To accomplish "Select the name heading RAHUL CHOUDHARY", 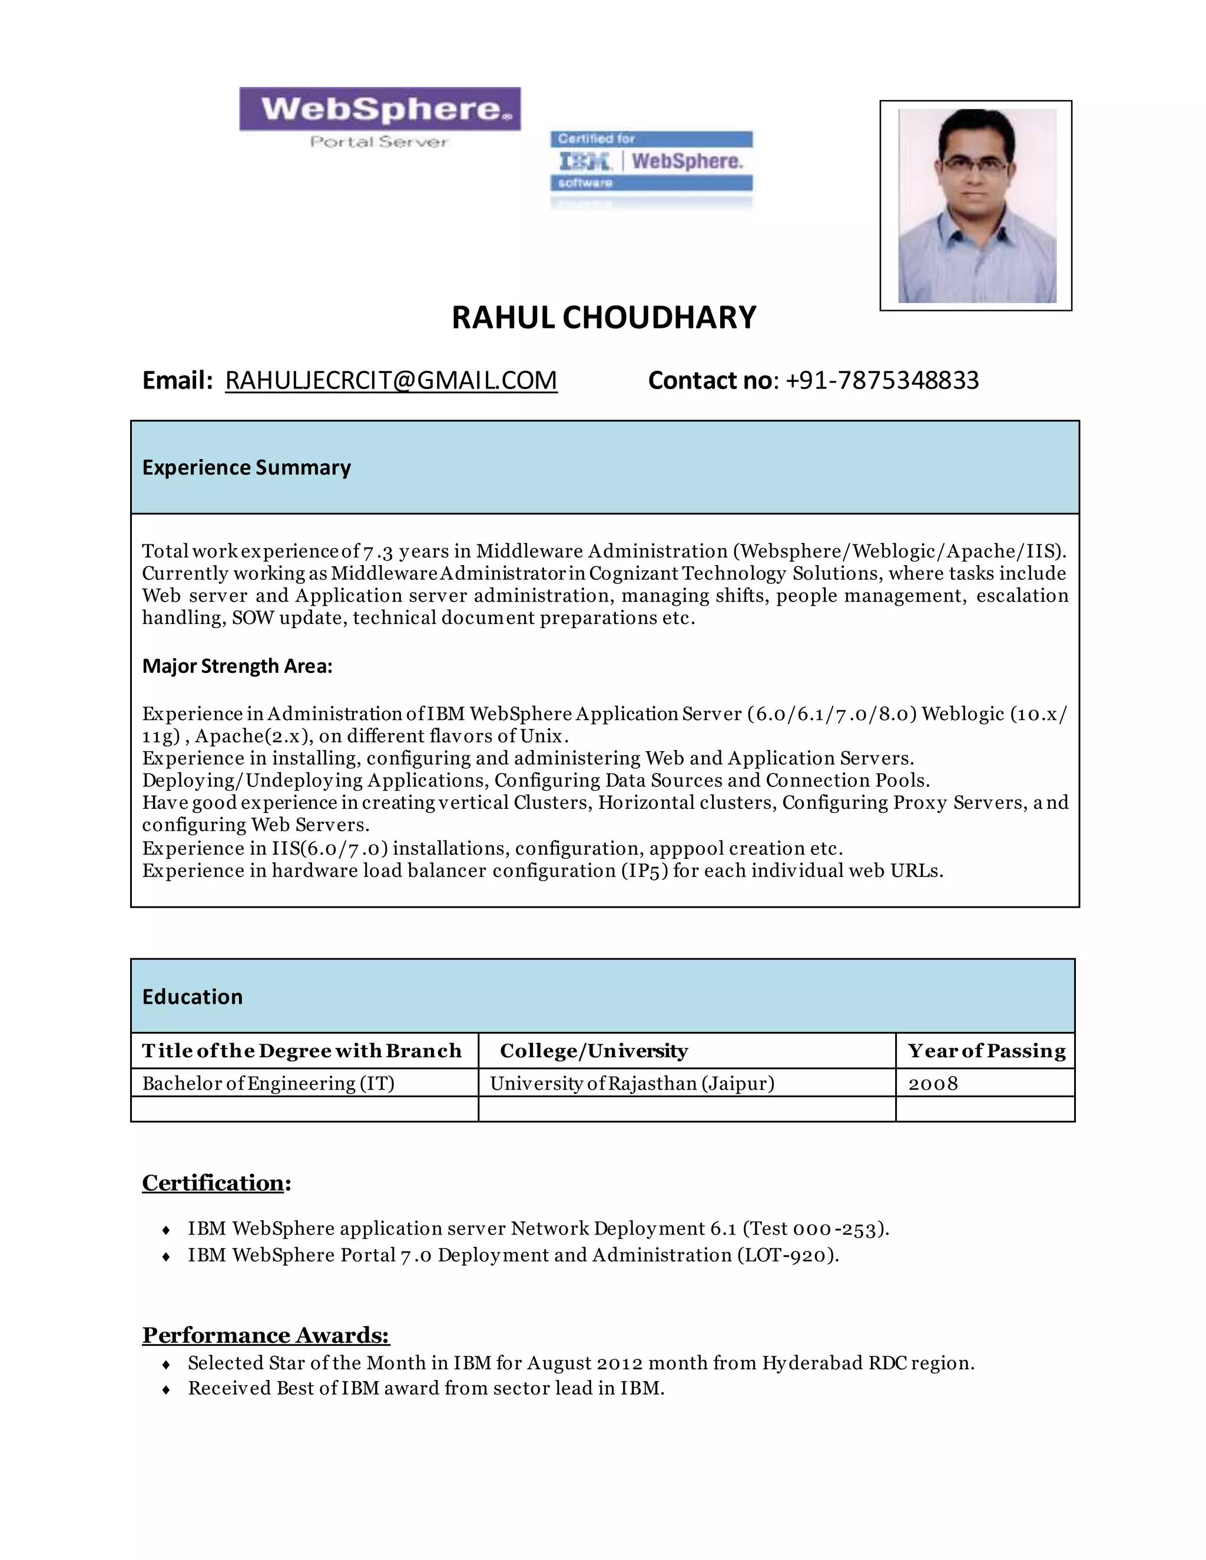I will pos(604,318).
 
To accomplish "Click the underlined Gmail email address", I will pos(391,381).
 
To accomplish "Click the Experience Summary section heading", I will pos(247,467).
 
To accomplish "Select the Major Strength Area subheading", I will pos(237,666).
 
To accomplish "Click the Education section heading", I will pos(192,997).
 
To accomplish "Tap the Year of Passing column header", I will pos(986,1051).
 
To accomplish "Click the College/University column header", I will pos(594,1051).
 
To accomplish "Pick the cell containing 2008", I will pos(933,1084).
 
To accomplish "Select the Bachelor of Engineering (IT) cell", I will pos(268,1084).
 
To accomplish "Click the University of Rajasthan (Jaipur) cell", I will pos(632,1084).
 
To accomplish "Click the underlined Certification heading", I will pos(214,1184).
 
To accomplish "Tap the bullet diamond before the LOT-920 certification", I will pos(165,1256).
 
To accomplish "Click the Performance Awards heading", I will pos(266,1335).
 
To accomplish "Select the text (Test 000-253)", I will pos(815,1229).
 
